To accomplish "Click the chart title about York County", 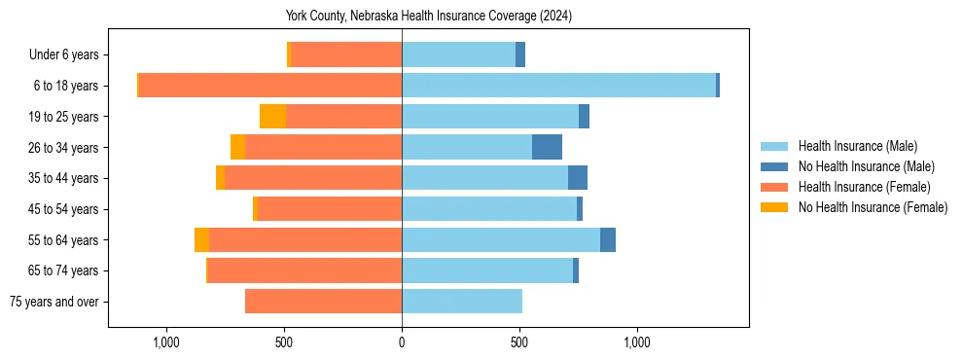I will pos(428,16).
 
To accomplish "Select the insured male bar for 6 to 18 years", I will pos(558,86).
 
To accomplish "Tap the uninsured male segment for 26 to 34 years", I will pos(547,147).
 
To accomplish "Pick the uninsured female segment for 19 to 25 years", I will pos(272,117).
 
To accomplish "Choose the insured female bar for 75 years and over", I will pos(323,302).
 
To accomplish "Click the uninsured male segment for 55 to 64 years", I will pos(608,239).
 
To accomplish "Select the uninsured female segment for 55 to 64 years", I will pos(201,239).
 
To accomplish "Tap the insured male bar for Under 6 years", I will pos(458,54).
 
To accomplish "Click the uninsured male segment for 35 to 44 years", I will pos(578,178).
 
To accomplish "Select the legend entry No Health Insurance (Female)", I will pos(872,207).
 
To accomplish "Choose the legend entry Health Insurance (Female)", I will pos(864,187).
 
